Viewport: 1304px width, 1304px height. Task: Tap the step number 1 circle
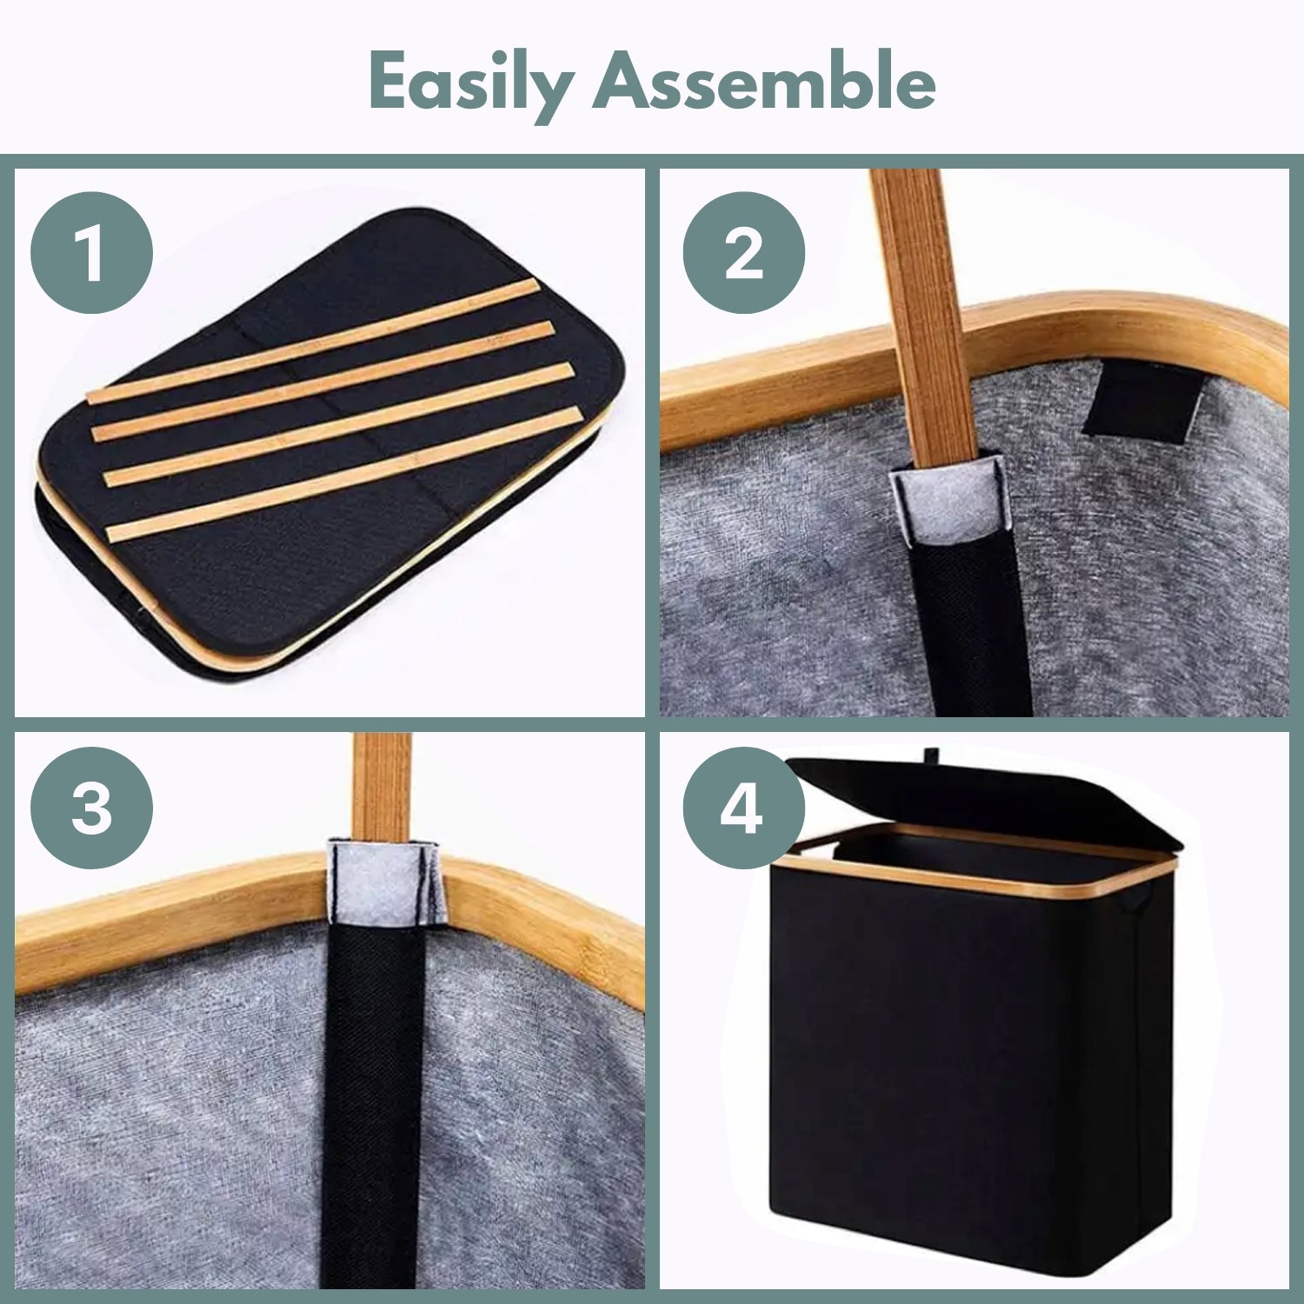pyautogui.click(x=91, y=253)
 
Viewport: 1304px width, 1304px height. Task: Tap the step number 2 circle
pyautogui.click(x=743, y=253)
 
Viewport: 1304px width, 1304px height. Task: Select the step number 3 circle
pyautogui.click(x=91, y=808)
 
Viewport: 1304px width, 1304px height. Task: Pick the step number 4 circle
pyautogui.click(x=743, y=808)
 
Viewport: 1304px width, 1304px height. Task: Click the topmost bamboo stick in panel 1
pyautogui.click(x=313, y=341)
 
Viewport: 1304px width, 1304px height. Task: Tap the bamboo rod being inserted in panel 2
pyautogui.click(x=921, y=313)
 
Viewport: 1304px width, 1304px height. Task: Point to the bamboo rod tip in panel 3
pyautogui.click(x=382, y=782)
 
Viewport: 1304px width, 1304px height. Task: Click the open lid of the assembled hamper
pyautogui.click(x=982, y=795)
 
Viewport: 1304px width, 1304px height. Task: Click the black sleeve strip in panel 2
pyautogui.click(x=965, y=635)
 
